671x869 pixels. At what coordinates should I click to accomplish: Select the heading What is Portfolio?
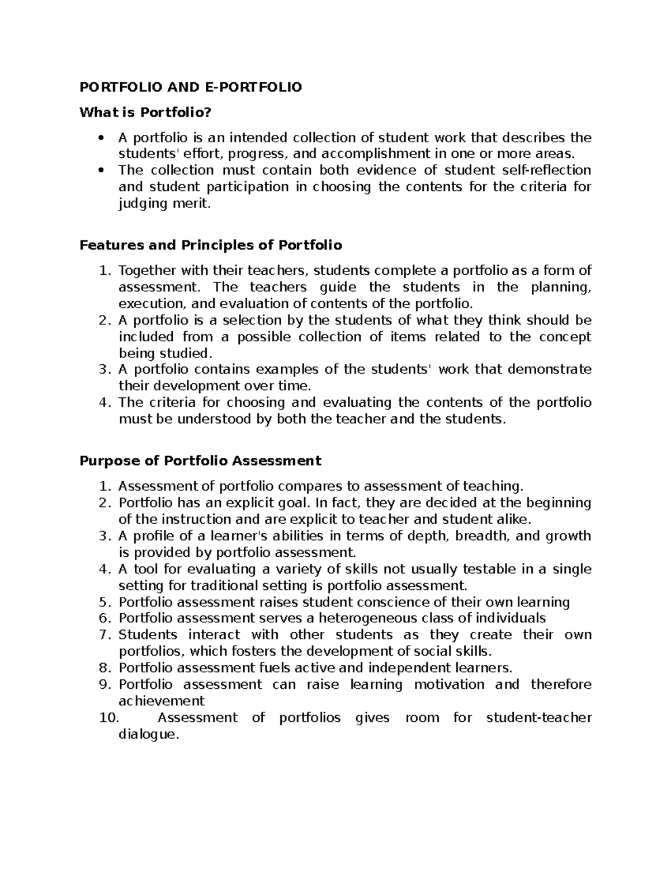(x=146, y=113)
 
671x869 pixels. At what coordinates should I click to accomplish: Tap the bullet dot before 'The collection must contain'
(x=101, y=170)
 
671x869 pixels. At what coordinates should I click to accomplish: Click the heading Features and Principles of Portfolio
(x=211, y=245)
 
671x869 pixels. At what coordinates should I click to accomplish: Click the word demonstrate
(x=552, y=369)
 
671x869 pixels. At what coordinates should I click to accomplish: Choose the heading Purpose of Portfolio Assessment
(x=200, y=461)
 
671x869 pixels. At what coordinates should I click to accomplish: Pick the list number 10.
(x=108, y=718)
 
